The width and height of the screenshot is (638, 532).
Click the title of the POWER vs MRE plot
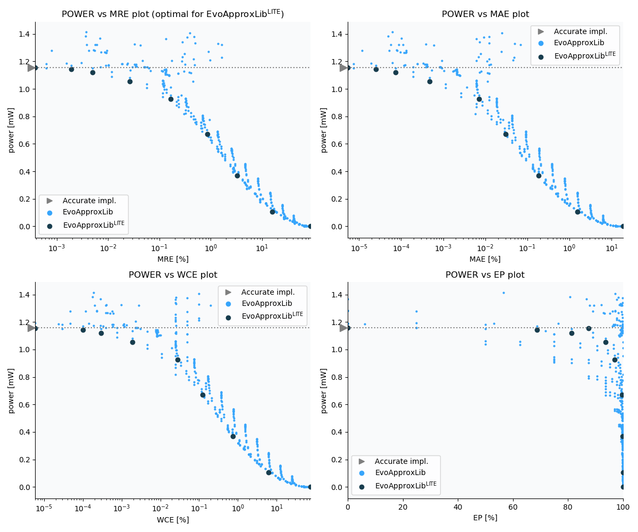point(173,14)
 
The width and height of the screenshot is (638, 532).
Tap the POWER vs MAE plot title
point(485,14)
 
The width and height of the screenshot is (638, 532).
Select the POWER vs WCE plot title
point(173,275)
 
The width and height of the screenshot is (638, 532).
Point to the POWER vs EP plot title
point(485,275)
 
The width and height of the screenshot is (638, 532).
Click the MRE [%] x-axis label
point(173,259)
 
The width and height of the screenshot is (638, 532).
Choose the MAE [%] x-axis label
point(485,259)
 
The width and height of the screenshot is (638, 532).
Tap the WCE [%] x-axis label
point(173,520)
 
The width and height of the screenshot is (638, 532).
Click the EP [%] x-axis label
point(485,518)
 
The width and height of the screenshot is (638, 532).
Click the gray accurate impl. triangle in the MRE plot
point(31,68)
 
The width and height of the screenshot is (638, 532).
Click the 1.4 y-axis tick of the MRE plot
point(23,35)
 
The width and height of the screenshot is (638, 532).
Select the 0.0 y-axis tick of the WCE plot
point(23,487)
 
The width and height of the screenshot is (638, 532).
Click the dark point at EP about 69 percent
point(537,330)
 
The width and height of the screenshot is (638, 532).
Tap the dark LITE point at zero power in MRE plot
point(310,226)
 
